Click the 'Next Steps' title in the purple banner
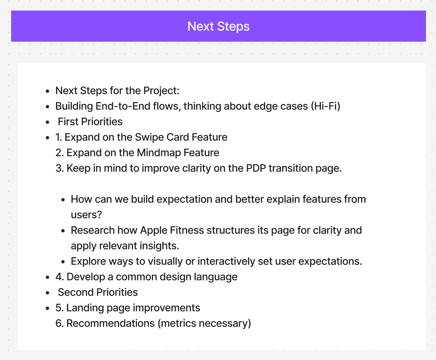coord(218,26)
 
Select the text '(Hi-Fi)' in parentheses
coord(325,106)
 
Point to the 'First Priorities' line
coord(90,121)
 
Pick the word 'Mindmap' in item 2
coord(158,153)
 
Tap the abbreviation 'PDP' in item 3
coord(256,168)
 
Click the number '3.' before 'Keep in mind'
coord(60,168)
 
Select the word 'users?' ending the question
coord(86,215)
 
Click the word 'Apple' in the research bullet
coord(153,230)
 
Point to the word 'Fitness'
coord(187,230)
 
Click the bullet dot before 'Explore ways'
coord(63,262)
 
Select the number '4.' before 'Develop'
coord(60,277)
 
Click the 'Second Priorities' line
coord(98,292)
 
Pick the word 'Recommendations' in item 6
coord(111,323)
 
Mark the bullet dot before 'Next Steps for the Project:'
coord(48,91)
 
